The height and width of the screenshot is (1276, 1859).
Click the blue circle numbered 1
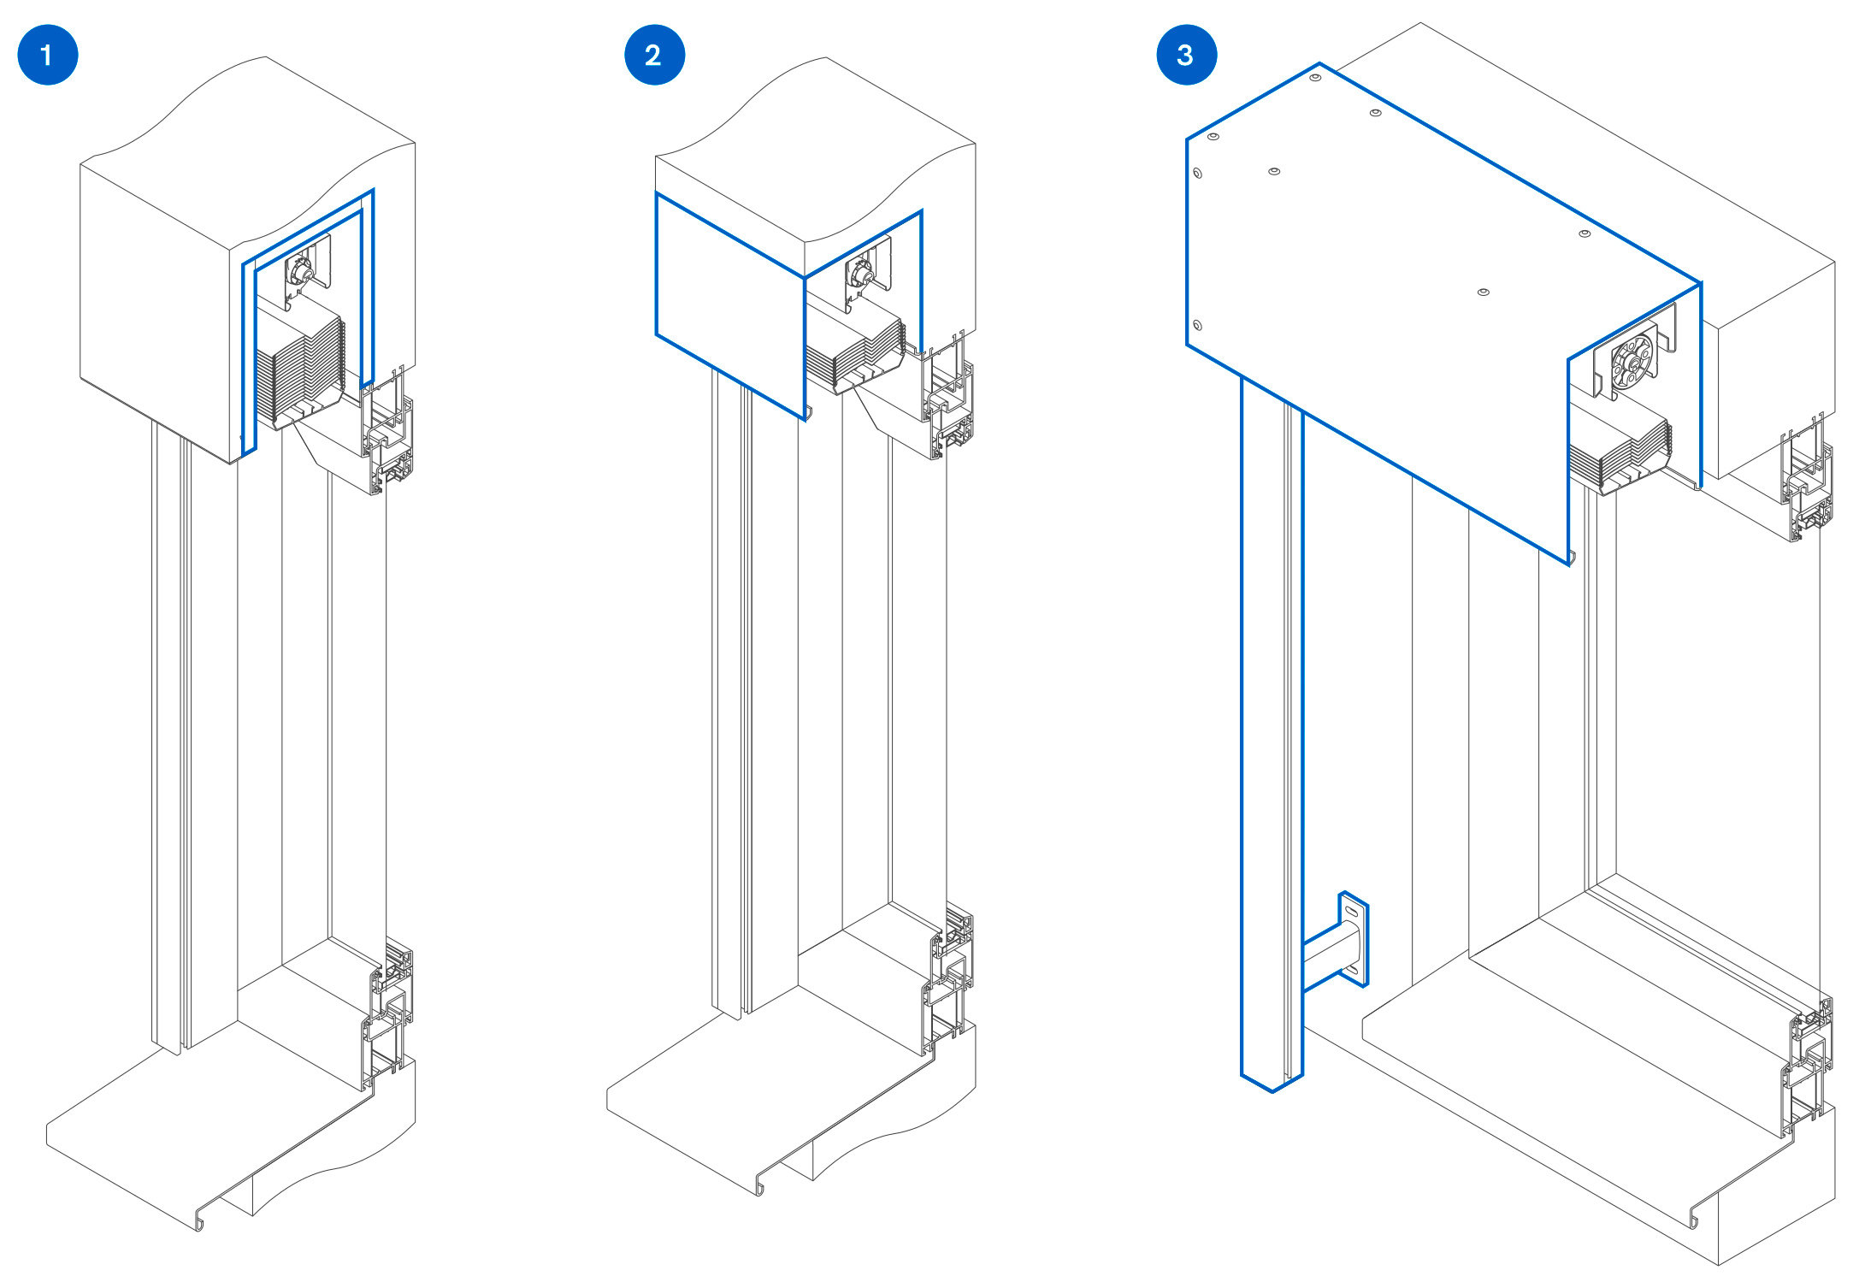click(48, 55)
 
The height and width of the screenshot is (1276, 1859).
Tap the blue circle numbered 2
click(654, 55)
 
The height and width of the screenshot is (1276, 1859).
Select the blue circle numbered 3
click(1186, 55)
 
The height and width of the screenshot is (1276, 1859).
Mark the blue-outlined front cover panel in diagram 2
click(729, 304)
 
